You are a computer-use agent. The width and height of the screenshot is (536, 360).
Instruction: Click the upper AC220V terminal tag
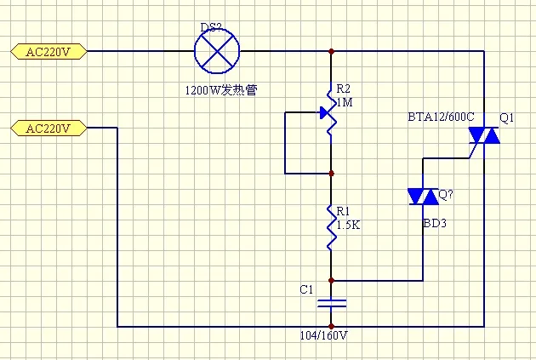tap(48, 52)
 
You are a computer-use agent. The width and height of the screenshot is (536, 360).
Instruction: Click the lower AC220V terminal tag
tap(48, 129)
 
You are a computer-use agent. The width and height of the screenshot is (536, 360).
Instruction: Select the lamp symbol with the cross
tap(217, 51)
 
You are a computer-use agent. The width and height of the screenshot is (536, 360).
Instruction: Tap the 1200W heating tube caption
tap(221, 90)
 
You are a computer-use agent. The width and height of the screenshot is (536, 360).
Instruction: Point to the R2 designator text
tap(344, 89)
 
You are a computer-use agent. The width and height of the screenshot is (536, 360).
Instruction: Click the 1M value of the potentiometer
tap(345, 102)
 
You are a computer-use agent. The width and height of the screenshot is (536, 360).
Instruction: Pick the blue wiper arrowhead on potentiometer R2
tap(324, 112)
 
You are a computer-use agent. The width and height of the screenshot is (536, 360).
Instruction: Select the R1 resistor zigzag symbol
tap(331, 227)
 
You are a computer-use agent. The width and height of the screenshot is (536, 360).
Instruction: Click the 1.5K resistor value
tap(348, 225)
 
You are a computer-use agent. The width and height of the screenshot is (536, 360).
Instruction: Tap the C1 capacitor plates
tap(331, 303)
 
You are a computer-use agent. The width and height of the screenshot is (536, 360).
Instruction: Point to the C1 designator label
tap(306, 289)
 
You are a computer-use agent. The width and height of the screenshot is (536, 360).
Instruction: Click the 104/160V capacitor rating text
tap(323, 335)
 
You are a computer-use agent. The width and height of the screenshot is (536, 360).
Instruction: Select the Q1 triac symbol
tap(484, 135)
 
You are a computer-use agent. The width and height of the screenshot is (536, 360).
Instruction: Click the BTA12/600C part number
tap(441, 117)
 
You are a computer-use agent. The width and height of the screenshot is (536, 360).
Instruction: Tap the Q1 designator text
tap(506, 117)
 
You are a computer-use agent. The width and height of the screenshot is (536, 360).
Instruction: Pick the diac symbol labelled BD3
tap(423, 197)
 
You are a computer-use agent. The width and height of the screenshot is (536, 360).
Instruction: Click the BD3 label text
tap(435, 223)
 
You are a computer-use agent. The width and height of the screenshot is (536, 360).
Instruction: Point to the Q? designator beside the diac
tap(446, 195)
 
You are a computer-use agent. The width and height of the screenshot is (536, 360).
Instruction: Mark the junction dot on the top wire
tap(331, 51)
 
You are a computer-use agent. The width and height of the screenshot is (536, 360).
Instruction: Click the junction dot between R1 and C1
tap(331, 281)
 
